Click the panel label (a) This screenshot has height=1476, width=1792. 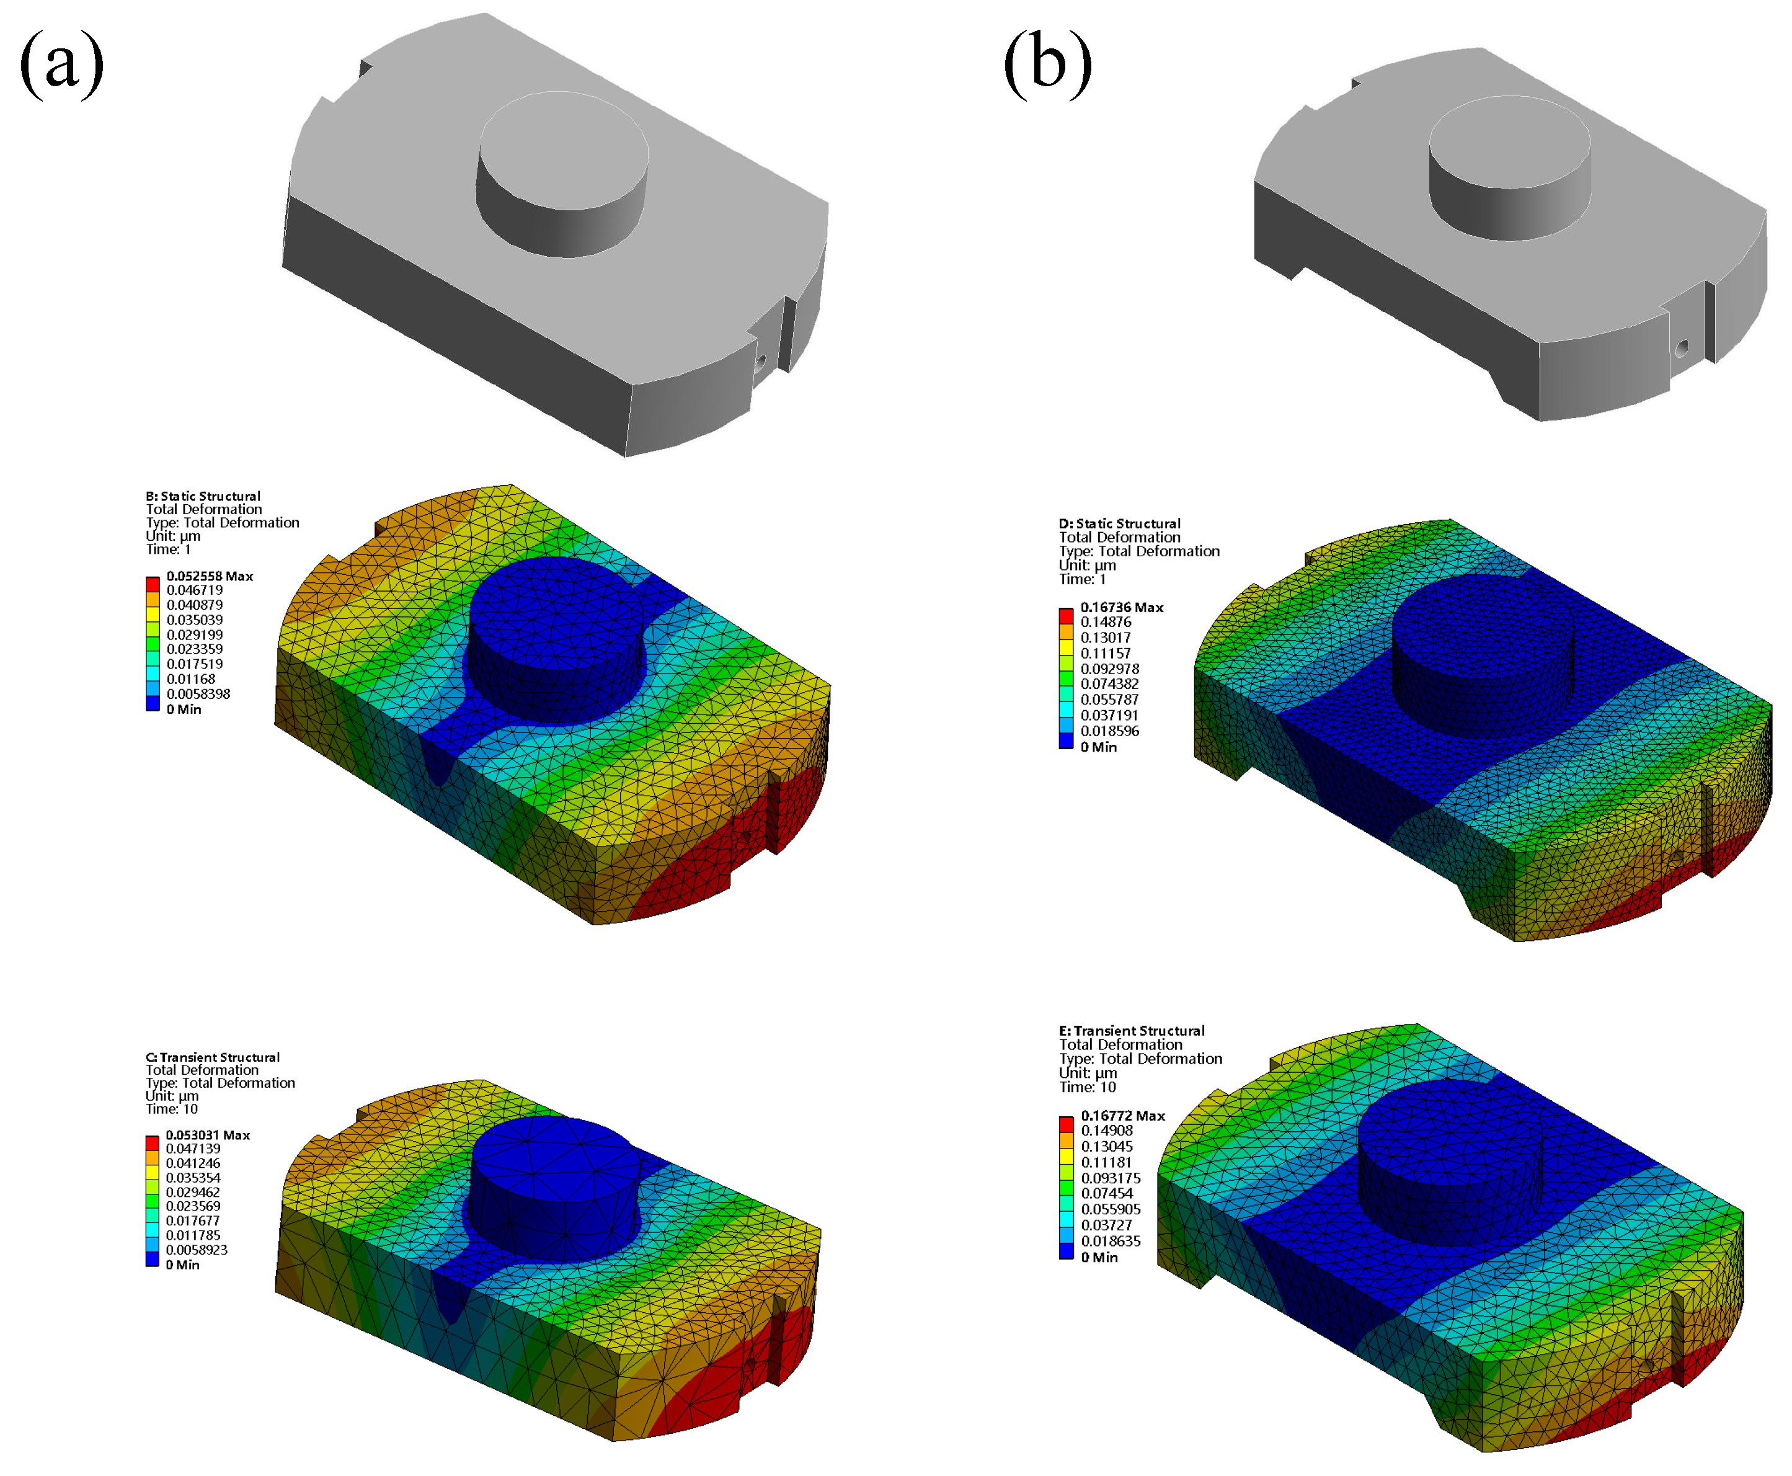tap(61, 64)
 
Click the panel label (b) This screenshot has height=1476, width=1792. tap(1047, 64)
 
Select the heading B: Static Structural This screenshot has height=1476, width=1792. tap(203, 496)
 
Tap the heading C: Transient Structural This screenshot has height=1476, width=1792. tap(213, 1057)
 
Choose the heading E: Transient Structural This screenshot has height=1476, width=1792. tap(1132, 1031)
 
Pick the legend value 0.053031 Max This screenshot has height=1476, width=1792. tap(208, 1135)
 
